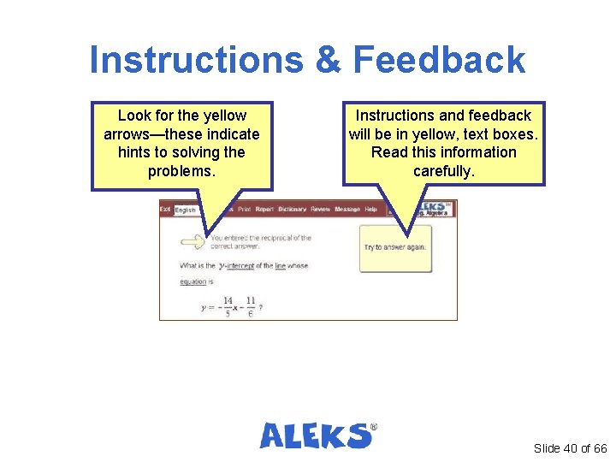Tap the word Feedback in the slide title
(x=438, y=61)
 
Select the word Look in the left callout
(x=133, y=115)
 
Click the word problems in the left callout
(x=181, y=171)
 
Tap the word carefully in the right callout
(x=442, y=171)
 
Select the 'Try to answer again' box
(x=395, y=247)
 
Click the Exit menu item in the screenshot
(x=166, y=210)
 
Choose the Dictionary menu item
(x=292, y=210)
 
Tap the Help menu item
(x=370, y=210)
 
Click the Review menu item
(x=320, y=210)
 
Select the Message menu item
(x=347, y=210)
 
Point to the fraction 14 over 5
(x=228, y=306)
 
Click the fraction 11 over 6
(x=249, y=306)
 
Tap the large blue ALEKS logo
(x=317, y=435)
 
